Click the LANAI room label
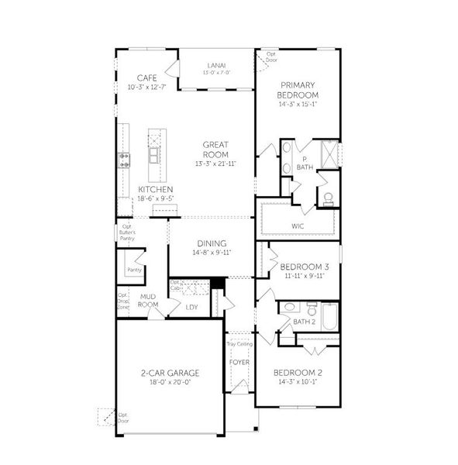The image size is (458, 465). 217,65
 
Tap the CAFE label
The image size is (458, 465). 146,77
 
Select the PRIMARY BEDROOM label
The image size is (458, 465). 299,89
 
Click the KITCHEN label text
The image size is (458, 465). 155,189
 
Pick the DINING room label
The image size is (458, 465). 212,243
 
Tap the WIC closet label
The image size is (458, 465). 298,226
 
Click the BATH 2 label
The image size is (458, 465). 304,321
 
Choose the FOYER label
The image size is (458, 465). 239,362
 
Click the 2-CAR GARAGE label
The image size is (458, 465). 170,373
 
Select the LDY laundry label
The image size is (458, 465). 193,307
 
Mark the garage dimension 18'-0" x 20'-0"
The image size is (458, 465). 170,382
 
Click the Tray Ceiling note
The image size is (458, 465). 239,344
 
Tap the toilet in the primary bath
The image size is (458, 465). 327,197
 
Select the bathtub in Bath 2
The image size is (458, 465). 329,319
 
